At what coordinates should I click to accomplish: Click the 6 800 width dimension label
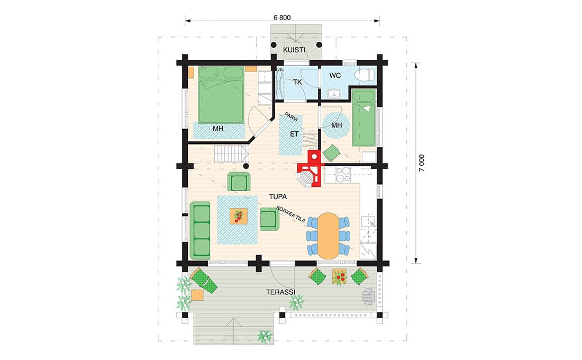pos(282,17)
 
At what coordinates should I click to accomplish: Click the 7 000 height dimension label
pos(422,163)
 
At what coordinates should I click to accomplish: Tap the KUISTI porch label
pos(294,50)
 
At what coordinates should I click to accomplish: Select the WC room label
pos(335,75)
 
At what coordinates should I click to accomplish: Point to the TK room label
pos(297,82)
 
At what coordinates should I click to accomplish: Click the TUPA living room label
pos(278,196)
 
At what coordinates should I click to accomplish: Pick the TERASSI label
pos(280,292)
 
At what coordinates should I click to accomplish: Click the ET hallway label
pos(294,134)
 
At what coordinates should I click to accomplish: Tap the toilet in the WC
pos(364,75)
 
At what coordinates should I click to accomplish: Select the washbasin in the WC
pos(334,93)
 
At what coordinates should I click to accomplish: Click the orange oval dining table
pos(329,236)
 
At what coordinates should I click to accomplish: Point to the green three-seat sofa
pos(200,230)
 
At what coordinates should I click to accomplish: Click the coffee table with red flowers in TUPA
pos(238,216)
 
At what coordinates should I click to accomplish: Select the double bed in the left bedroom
pos(221,95)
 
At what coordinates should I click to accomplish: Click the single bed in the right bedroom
pos(364,118)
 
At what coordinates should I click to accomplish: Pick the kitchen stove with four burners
pos(343,175)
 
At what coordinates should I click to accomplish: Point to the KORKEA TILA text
pos(290,214)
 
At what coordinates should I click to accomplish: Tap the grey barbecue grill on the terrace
pos(369,296)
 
